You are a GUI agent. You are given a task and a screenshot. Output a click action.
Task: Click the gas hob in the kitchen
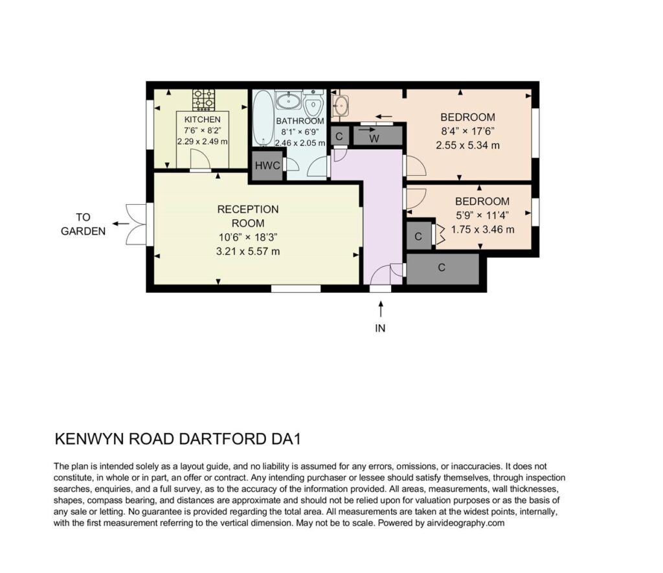coord(203,100)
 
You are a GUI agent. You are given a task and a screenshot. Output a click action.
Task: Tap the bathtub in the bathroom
coord(263,119)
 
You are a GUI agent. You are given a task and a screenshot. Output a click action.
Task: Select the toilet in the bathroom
coord(313,103)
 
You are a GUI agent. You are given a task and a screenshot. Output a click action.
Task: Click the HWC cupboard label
coord(267,165)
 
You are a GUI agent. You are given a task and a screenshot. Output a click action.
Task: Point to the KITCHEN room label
coord(202,120)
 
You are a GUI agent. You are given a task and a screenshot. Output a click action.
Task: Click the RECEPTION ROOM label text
coord(248,216)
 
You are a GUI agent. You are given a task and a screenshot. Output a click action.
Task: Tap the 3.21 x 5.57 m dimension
coord(248,251)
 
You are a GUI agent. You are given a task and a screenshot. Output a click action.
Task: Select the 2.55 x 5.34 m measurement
coord(467,146)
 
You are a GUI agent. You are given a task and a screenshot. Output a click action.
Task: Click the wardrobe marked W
coord(377,135)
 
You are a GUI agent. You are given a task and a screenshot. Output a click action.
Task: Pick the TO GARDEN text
coord(84,224)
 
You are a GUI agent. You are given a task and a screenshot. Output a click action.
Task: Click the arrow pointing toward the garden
coord(121,224)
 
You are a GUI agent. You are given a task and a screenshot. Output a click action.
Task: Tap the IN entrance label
coord(380,329)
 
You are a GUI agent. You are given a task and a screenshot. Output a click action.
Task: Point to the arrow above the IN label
coord(381,309)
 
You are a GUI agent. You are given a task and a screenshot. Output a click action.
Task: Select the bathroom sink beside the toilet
coord(289,100)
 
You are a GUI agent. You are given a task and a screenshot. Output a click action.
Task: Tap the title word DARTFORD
coord(223,439)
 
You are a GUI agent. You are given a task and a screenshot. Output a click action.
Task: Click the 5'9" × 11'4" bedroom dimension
coord(482,215)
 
